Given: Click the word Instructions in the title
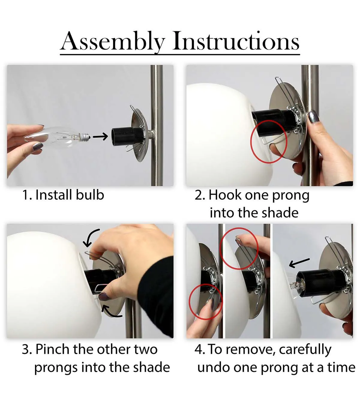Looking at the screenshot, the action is click(x=236, y=41).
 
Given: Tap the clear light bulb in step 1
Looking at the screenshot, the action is click(x=57, y=137).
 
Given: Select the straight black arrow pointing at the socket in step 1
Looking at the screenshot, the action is click(x=100, y=136).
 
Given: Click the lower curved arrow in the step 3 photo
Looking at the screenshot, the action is click(x=110, y=312).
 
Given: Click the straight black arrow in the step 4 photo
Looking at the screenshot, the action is click(x=299, y=263).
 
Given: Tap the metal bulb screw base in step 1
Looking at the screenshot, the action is click(x=85, y=136).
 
